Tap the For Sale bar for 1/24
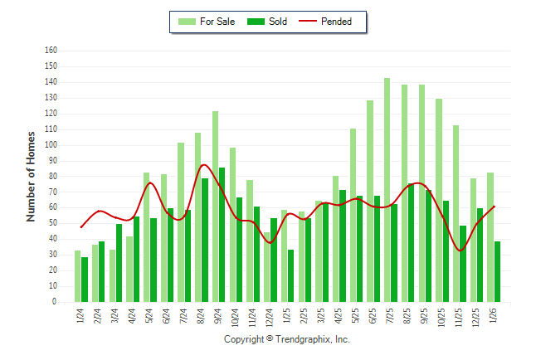77,276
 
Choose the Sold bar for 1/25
291,276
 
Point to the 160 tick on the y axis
51,51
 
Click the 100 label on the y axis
51,145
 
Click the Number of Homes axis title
32,176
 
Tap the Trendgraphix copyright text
287,340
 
